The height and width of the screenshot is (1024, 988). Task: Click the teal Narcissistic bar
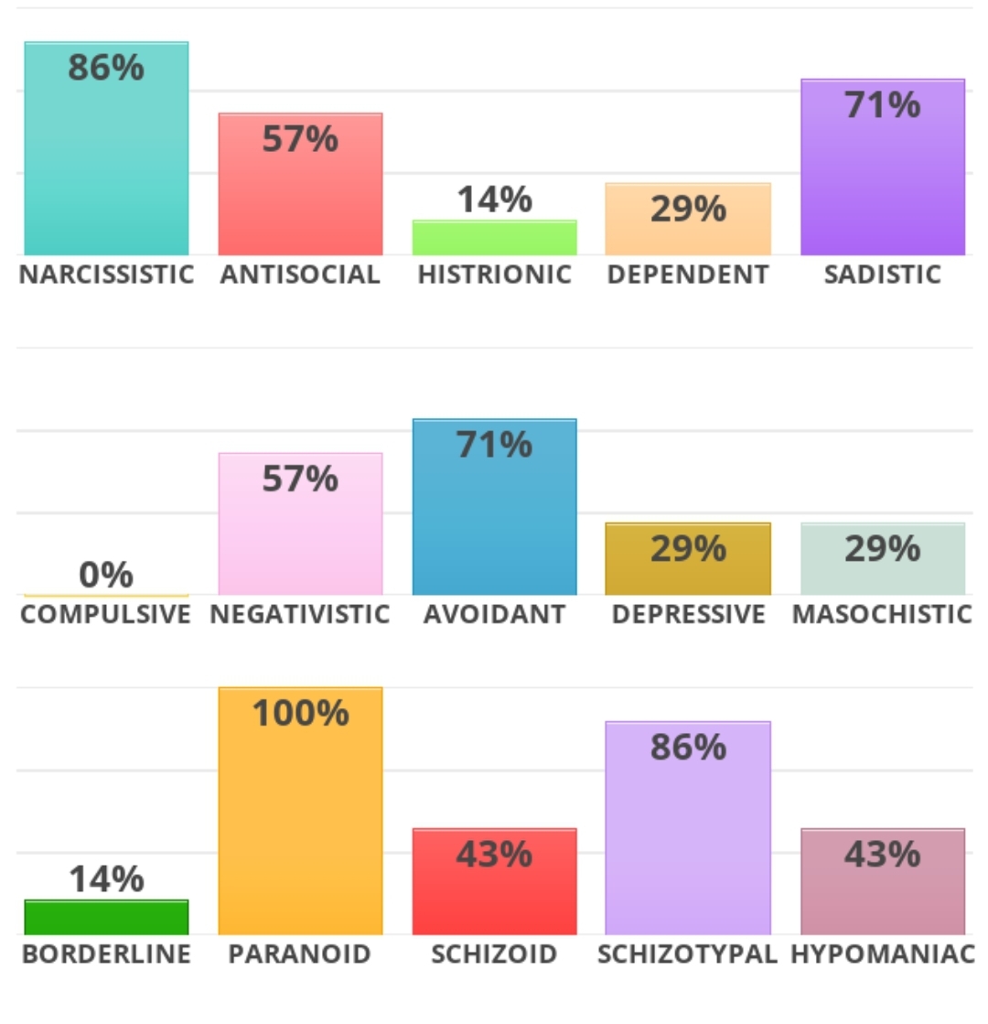[106, 165]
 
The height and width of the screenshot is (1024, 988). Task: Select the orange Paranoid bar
[300, 824]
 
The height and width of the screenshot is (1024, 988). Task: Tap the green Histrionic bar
[494, 238]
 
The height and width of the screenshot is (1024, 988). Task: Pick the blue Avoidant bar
[494, 522]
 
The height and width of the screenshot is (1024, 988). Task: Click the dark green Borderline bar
[106, 917]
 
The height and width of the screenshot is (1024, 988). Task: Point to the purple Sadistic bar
[882, 183]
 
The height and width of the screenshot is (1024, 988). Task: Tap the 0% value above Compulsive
[106, 576]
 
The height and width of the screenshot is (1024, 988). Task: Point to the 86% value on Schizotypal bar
[688, 748]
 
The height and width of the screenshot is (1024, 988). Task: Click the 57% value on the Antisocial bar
[300, 139]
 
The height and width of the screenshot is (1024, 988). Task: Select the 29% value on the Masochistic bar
[882, 549]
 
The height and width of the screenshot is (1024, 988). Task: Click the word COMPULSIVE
[106, 614]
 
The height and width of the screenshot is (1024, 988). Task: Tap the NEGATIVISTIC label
[300, 614]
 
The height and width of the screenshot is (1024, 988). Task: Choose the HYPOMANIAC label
[882, 954]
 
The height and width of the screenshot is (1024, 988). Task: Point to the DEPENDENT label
[688, 275]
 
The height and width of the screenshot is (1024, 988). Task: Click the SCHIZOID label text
[494, 954]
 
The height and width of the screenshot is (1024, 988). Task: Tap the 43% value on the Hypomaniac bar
[882, 855]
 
